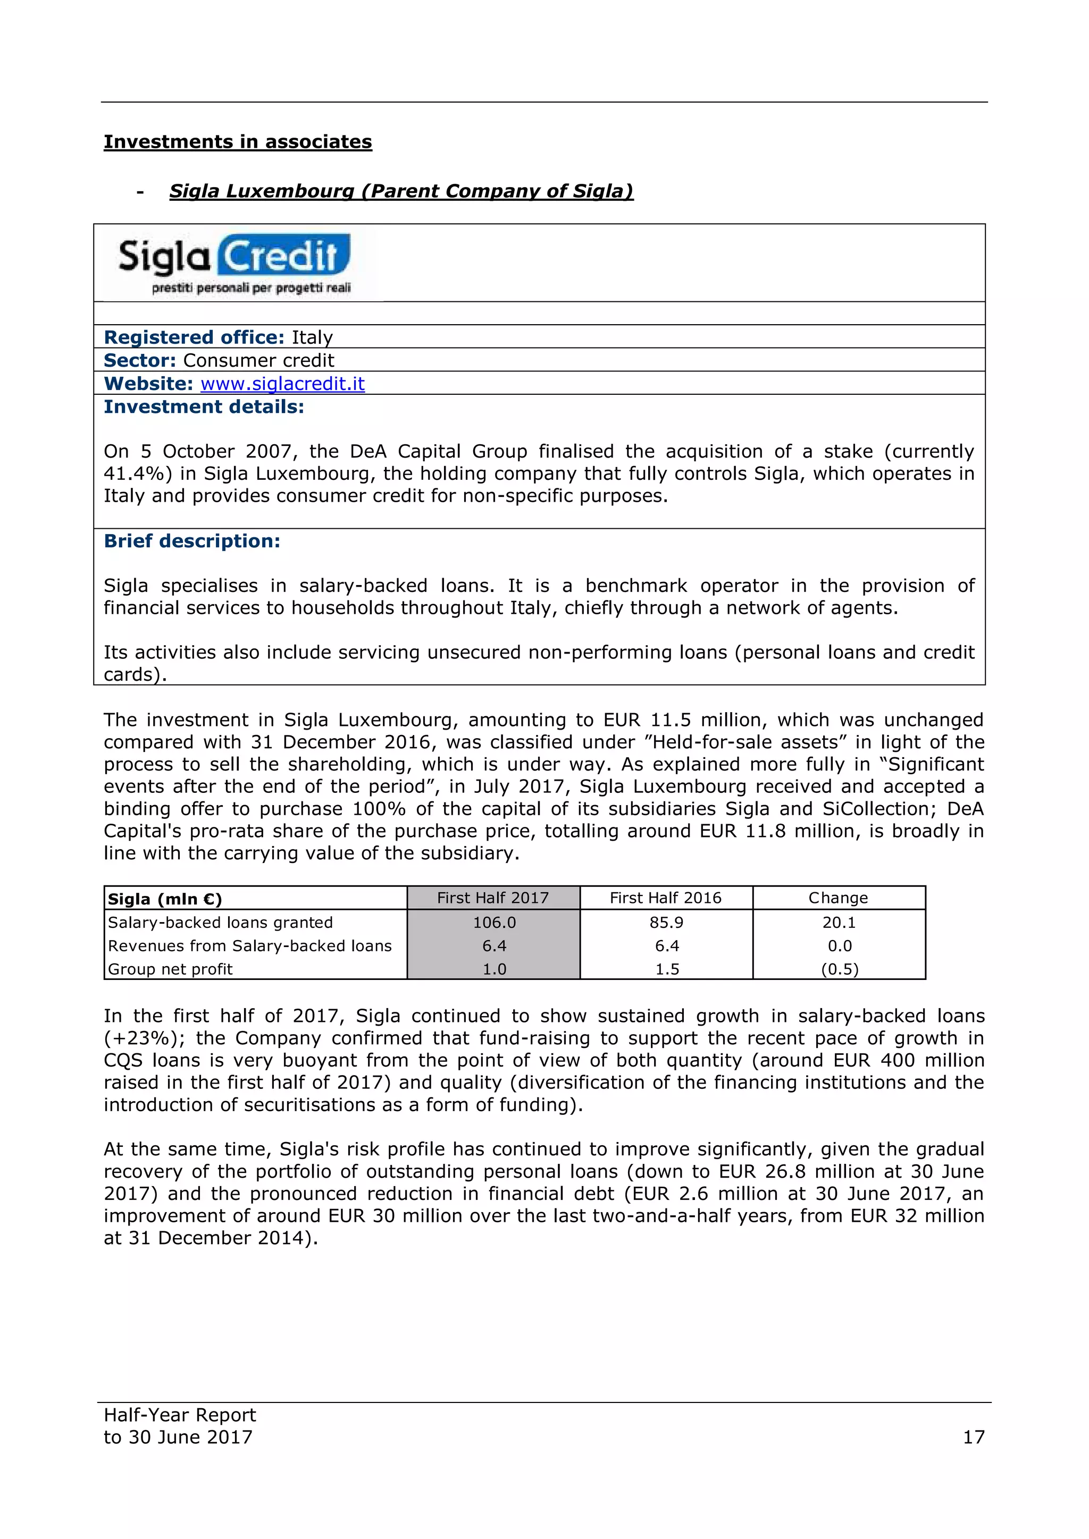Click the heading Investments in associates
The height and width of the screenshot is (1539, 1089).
point(237,142)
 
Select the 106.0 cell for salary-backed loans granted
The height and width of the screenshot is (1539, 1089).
point(494,923)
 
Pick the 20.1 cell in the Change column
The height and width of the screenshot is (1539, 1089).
point(839,923)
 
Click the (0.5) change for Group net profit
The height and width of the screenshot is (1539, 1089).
point(840,969)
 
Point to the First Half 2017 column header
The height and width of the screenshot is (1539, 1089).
point(493,898)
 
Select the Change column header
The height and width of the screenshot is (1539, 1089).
point(838,898)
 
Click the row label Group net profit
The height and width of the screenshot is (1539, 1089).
point(170,969)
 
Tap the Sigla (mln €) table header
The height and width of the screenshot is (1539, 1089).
point(165,899)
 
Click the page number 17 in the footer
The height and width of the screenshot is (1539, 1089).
point(974,1436)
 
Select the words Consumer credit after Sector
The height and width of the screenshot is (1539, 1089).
point(258,361)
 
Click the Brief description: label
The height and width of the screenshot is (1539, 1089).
point(192,541)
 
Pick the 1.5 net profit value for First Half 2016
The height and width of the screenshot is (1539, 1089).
point(667,969)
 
